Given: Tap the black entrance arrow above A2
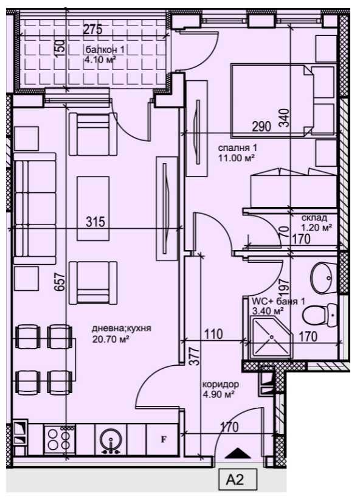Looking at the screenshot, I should coord(237,453).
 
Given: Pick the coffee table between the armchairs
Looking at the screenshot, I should coord(92,201).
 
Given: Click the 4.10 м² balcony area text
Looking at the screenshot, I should coord(101,60).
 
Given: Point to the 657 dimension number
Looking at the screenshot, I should coord(59,283).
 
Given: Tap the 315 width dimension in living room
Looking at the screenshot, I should coord(95,222).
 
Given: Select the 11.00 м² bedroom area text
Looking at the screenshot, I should coord(235,158).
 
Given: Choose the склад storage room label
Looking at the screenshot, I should coord(314,218).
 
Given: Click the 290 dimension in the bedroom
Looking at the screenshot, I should coord(261,127).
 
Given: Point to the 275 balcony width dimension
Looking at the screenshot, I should coord(91,28).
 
